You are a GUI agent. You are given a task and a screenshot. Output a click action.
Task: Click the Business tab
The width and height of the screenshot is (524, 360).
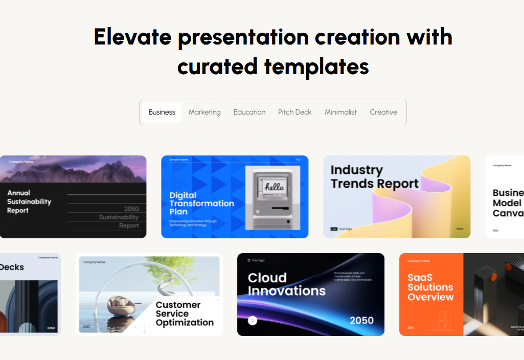click(x=162, y=112)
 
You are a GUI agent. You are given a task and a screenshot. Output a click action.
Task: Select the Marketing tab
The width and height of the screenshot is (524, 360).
click(x=204, y=112)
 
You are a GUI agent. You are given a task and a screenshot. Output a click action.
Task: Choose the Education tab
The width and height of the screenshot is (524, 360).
click(x=249, y=112)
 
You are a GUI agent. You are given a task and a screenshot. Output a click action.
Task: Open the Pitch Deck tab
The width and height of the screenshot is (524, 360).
click(x=294, y=112)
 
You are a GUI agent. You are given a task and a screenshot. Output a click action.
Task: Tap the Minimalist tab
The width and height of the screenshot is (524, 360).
click(x=340, y=112)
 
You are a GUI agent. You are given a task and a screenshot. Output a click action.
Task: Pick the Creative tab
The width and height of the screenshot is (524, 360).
click(x=383, y=112)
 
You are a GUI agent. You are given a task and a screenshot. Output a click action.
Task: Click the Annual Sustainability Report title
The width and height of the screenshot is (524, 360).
click(x=29, y=201)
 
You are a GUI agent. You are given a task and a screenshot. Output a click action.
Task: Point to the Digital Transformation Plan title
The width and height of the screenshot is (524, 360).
click(x=201, y=204)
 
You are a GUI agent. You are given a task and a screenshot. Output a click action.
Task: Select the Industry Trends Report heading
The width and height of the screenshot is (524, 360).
click(x=374, y=177)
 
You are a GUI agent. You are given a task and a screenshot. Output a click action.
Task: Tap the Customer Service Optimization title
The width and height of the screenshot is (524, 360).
click(x=185, y=313)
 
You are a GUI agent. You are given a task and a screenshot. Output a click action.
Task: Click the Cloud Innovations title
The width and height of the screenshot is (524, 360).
click(x=286, y=285)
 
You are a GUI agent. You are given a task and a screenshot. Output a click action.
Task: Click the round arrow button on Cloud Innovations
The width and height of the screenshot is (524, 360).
click(x=253, y=321)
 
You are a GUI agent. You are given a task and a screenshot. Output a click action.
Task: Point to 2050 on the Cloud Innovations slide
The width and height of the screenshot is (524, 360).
click(x=361, y=321)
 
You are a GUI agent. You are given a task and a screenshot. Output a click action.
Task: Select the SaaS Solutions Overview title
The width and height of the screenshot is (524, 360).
click(x=430, y=287)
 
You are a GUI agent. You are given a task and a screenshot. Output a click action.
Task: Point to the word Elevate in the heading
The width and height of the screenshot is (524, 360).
click(x=132, y=37)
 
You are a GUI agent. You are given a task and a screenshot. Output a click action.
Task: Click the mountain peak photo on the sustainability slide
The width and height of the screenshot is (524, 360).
click(x=73, y=169)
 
